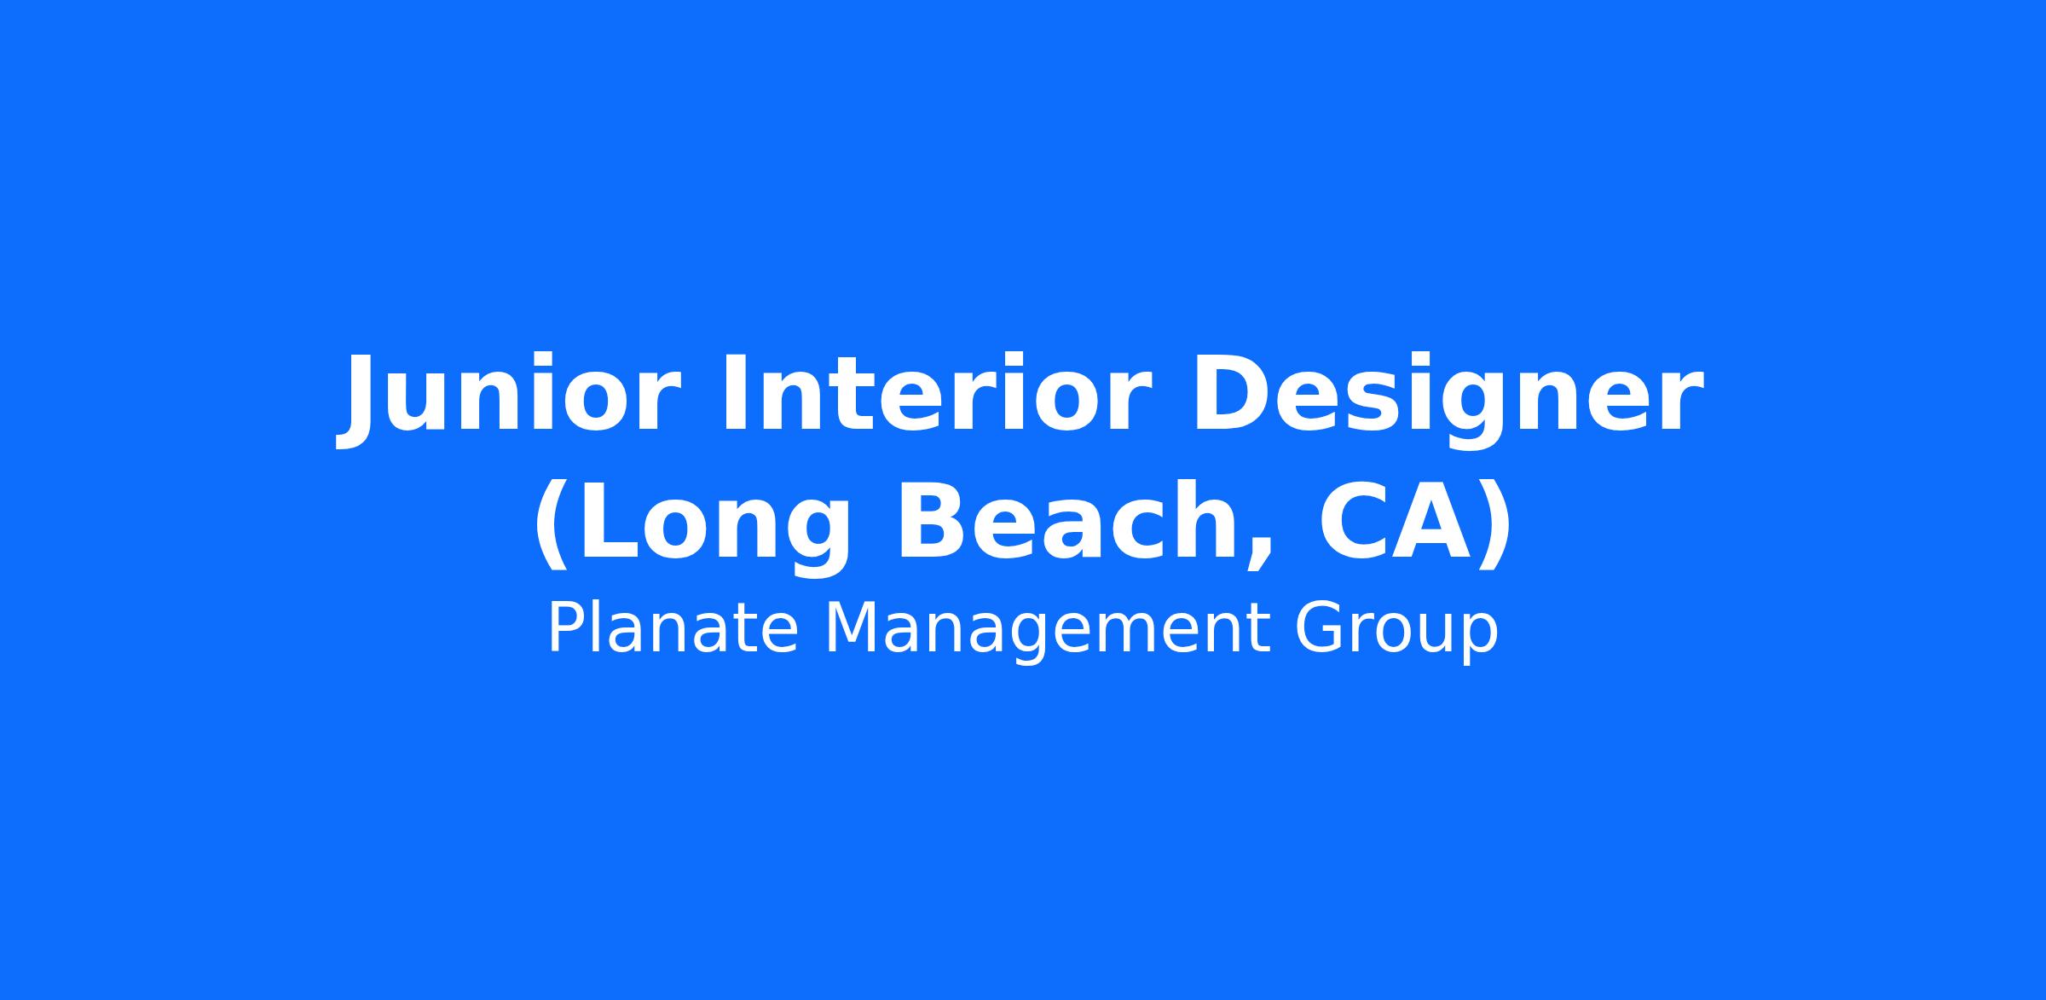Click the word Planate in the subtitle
[673, 628]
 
